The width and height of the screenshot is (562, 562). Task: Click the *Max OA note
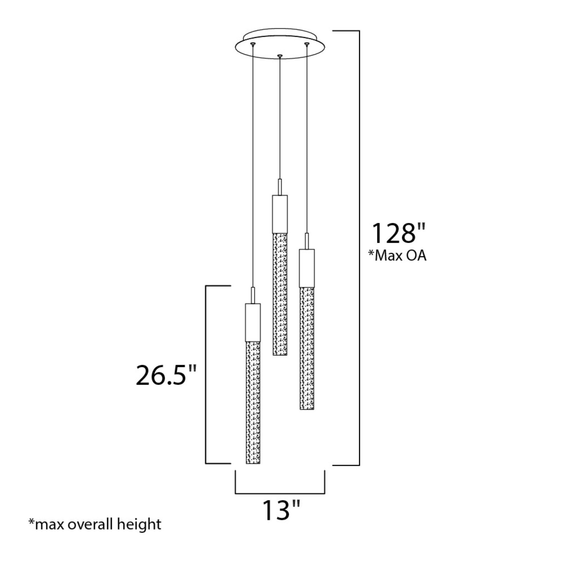point(397,255)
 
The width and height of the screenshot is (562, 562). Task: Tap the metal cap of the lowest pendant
point(253,322)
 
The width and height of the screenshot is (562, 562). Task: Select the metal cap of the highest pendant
point(280,214)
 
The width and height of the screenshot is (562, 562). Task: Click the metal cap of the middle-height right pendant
point(307,268)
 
